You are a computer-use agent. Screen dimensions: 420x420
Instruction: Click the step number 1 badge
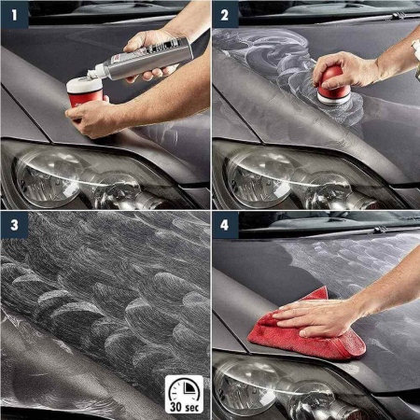pos(15,14)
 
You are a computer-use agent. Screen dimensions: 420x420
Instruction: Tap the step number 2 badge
pos(225,14)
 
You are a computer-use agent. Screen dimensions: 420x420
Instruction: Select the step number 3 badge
pos(15,225)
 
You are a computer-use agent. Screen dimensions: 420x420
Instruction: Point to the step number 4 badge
pos(225,225)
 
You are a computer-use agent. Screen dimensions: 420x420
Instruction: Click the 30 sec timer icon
pos(184,394)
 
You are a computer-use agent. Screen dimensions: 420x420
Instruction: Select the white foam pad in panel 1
pos(84,85)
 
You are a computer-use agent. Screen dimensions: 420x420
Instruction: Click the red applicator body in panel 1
pos(86,98)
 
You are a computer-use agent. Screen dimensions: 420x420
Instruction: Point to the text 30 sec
pos(185,407)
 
